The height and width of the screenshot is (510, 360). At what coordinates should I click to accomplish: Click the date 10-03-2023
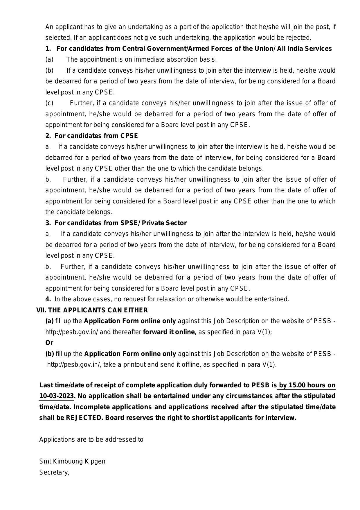tap(56, 396)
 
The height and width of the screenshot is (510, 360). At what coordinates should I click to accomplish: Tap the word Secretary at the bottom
tap(54, 472)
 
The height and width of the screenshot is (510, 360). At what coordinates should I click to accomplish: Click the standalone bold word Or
tap(49, 343)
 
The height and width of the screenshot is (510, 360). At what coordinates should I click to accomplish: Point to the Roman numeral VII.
tap(41, 310)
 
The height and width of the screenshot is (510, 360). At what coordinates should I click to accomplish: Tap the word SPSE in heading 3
tap(128, 223)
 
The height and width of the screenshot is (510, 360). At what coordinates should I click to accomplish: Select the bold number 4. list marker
tap(48, 299)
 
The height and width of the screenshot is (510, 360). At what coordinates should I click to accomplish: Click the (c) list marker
tap(49, 103)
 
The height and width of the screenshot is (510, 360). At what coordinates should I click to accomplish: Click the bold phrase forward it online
tap(169, 332)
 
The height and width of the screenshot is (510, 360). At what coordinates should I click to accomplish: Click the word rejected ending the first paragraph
tap(299, 38)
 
